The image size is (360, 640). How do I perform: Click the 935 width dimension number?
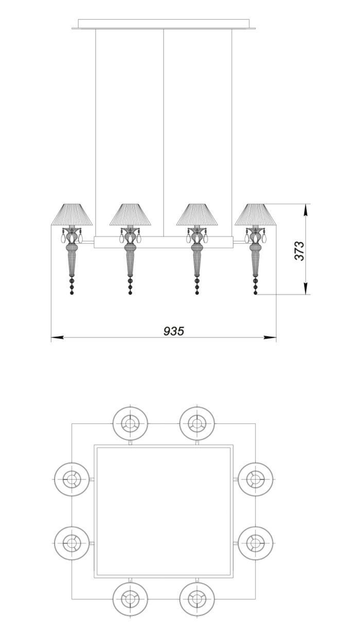[x=174, y=331]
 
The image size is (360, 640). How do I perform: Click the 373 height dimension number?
[x=299, y=251]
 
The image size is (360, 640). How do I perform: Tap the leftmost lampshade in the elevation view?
[x=72, y=215]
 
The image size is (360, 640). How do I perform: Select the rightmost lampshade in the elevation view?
[x=256, y=215]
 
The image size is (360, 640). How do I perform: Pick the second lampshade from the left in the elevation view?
[x=130, y=215]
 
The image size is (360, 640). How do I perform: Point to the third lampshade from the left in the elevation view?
[x=197, y=215]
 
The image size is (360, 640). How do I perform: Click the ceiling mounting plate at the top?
[x=164, y=24]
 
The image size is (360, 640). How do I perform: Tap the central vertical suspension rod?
[x=164, y=133]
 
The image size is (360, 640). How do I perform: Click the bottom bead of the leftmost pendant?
[x=71, y=293]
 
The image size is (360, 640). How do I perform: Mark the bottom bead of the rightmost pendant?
[x=256, y=293]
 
